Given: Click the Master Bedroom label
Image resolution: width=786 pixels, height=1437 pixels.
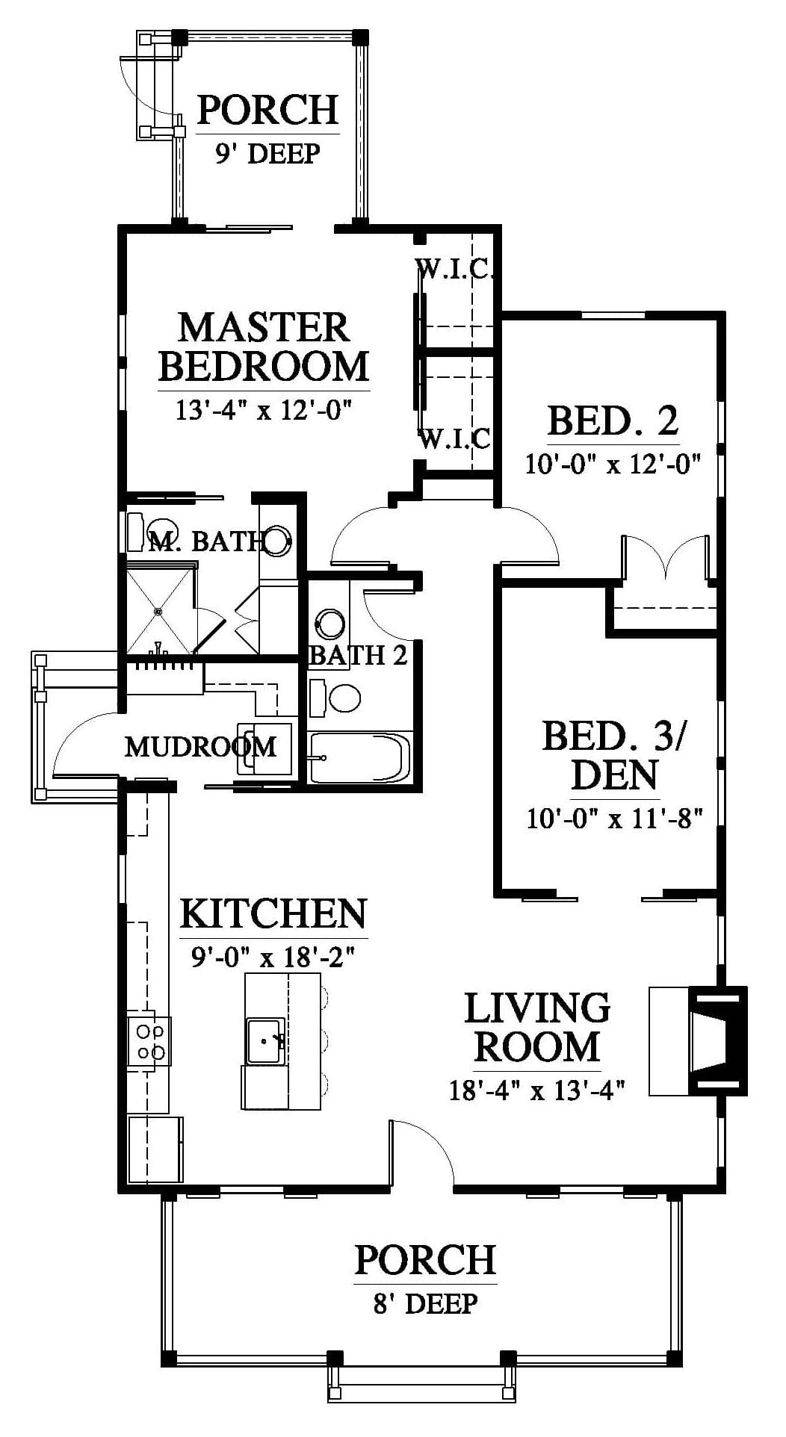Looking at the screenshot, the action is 264,347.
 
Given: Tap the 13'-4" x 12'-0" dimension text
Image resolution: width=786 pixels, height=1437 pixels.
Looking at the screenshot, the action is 264,410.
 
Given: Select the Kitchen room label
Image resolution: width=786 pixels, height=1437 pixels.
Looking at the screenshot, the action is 273,913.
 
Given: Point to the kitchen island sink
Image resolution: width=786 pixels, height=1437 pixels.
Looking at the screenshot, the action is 264,1040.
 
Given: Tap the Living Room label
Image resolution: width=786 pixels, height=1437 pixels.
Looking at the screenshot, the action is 537,1027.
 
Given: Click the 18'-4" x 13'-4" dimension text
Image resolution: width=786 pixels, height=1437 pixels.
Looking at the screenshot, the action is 536,1090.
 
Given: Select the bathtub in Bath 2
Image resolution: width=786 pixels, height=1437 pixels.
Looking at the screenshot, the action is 359,757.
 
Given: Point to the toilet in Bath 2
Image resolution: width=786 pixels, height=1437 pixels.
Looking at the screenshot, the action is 335,698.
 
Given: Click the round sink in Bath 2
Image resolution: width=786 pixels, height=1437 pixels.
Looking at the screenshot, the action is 329,622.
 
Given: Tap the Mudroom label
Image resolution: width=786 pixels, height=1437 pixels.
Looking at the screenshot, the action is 200,746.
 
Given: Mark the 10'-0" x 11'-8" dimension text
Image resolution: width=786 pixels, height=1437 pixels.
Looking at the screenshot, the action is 616,819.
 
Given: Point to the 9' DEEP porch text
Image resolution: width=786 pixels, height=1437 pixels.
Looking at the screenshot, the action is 268,153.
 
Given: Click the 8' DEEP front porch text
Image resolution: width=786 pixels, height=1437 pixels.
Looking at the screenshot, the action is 425,1303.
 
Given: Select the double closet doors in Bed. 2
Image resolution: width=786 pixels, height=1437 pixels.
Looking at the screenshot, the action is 663,556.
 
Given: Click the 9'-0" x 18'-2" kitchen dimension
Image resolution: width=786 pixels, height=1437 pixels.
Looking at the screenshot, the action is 273,957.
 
